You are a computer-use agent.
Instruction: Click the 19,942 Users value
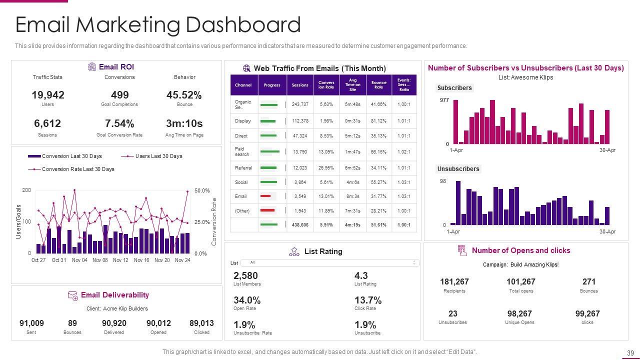pyautogui.click(x=48, y=95)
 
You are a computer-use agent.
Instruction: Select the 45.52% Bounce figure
pyautogui.click(x=184, y=95)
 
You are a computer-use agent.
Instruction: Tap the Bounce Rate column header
pyautogui.click(x=378, y=85)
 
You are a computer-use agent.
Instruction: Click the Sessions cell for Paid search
pyautogui.click(x=300, y=151)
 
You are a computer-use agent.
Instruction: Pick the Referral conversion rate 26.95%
pyautogui.click(x=326, y=168)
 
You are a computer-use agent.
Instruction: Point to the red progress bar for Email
pyautogui.click(x=266, y=196)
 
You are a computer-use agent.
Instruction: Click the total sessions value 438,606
pyautogui.click(x=300, y=225)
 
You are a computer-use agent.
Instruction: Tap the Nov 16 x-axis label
pyautogui.click(x=141, y=260)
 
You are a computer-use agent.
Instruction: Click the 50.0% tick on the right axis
pyautogui.click(x=201, y=191)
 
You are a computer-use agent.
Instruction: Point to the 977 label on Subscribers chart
pyautogui.click(x=444, y=100)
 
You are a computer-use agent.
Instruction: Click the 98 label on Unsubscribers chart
pyautogui.click(x=443, y=181)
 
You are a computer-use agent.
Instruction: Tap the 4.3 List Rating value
pyautogui.click(x=361, y=275)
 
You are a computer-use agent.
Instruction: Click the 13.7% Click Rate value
pyautogui.click(x=368, y=300)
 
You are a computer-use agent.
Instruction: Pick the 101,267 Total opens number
pyautogui.click(x=520, y=282)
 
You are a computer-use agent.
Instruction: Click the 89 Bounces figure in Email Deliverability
pyautogui.click(x=72, y=323)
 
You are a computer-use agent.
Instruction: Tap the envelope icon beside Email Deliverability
pyautogui.click(x=72, y=295)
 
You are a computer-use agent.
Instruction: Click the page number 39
pyautogui.click(x=630, y=352)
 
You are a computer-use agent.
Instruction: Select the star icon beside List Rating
pyautogui.click(x=294, y=251)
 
